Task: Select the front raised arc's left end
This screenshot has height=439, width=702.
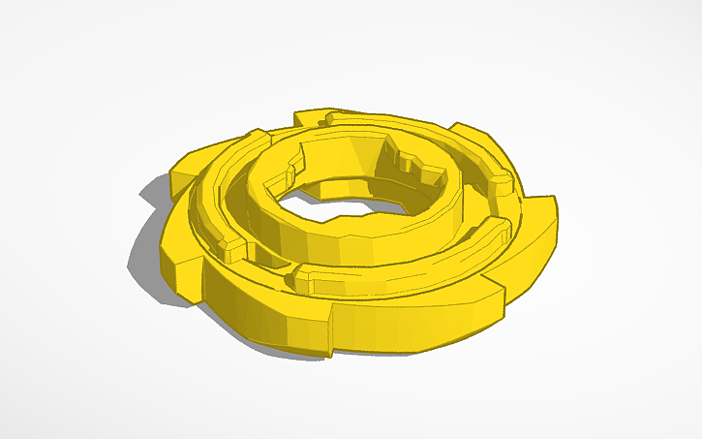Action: [302, 282]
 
